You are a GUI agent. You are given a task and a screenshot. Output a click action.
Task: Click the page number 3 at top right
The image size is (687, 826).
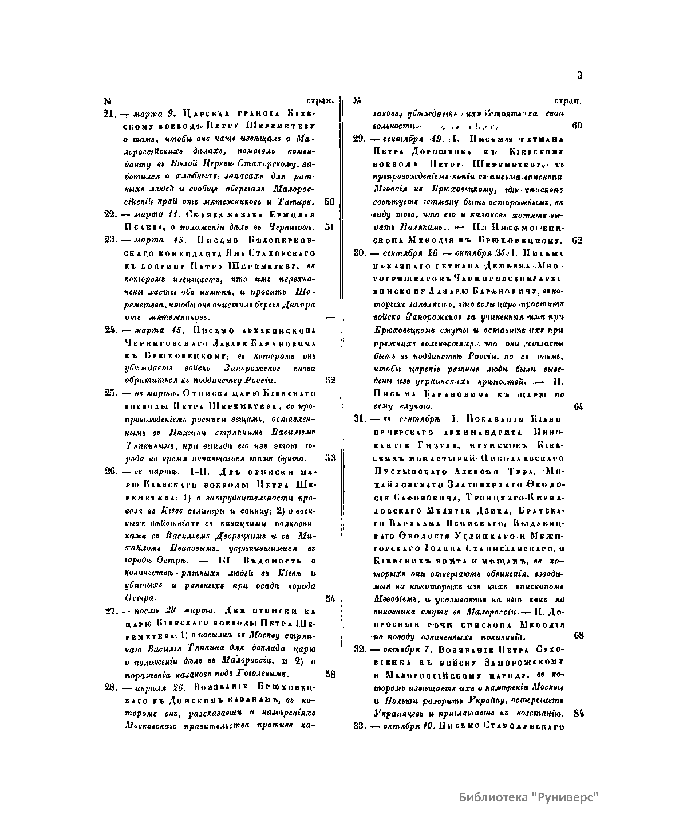(579, 75)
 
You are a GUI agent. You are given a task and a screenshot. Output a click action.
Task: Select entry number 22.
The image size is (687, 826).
(110, 214)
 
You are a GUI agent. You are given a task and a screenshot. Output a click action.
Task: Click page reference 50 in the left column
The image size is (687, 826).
(329, 202)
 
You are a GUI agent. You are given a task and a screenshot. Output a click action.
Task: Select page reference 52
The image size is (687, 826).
(330, 380)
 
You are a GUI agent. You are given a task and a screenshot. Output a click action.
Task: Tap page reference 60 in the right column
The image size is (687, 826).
(577, 125)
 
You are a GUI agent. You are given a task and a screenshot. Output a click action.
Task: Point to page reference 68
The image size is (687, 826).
(578, 636)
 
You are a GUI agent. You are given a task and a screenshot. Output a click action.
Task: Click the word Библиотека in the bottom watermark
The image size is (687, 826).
(492, 797)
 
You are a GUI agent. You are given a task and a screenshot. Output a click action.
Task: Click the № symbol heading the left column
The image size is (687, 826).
(107, 101)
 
